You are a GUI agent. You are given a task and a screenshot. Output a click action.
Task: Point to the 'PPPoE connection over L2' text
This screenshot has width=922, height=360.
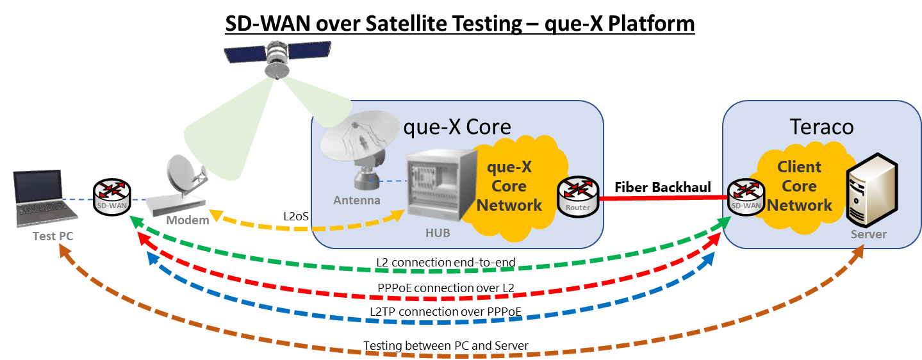[446, 288]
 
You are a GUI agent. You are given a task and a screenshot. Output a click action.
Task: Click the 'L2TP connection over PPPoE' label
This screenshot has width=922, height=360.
[447, 311]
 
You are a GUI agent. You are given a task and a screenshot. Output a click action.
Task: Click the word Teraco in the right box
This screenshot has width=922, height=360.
[823, 126]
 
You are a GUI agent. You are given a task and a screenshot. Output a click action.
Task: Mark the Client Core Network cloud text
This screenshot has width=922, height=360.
[799, 186]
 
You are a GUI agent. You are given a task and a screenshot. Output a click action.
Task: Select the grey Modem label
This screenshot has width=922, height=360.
[188, 221]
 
